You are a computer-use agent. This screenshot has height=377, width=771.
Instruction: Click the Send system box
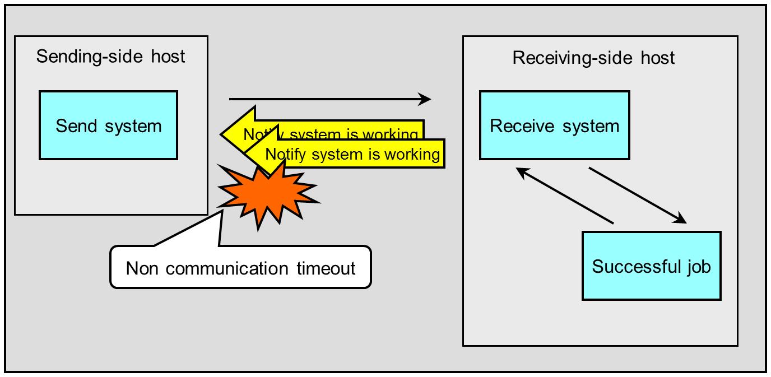pyautogui.click(x=108, y=125)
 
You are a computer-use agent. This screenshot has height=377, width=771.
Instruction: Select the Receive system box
pyautogui.click(x=555, y=125)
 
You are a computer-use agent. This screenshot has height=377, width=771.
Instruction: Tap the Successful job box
pyautogui.click(x=651, y=266)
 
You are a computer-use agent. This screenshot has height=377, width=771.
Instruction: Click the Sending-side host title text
pyautogui.click(x=110, y=56)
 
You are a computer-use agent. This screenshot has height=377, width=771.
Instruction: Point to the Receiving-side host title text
pyautogui.click(x=593, y=58)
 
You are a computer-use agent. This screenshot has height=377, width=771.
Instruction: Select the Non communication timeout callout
pyautogui.click(x=241, y=267)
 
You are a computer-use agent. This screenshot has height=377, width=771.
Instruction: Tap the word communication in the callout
pyautogui.click(x=227, y=268)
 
